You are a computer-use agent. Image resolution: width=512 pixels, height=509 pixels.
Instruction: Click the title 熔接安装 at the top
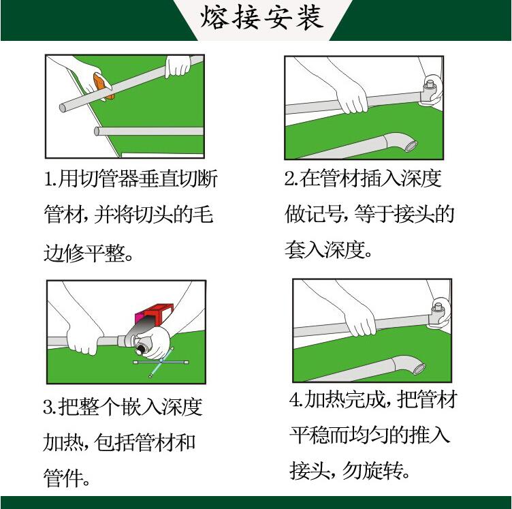(262, 18)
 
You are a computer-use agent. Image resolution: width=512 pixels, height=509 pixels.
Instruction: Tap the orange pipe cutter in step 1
(103, 86)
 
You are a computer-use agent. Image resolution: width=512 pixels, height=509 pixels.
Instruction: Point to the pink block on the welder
(140, 318)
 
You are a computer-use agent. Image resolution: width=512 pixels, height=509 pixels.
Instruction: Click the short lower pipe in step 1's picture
(148, 131)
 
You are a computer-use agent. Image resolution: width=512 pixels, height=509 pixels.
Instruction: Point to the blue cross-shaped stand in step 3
(161, 362)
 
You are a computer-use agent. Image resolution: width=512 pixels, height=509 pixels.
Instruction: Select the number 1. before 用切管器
(50, 179)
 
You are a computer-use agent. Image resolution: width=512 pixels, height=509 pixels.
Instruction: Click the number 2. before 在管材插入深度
(291, 179)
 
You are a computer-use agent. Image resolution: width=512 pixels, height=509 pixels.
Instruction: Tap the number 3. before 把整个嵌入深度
(50, 407)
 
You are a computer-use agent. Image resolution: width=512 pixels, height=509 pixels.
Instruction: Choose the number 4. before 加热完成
(296, 399)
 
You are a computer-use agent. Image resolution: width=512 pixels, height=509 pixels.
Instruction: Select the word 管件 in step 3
(63, 478)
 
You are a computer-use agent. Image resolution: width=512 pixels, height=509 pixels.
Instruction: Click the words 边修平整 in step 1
(84, 253)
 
